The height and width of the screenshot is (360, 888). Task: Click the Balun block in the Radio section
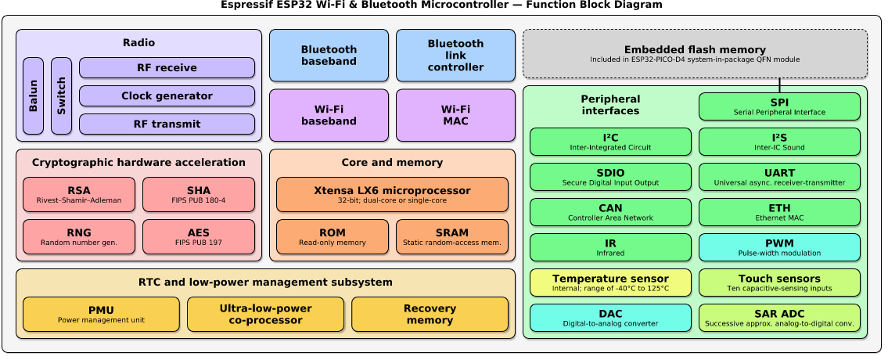click(x=33, y=96)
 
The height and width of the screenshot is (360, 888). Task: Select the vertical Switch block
click(x=61, y=96)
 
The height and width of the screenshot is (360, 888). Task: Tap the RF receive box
click(x=167, y=68)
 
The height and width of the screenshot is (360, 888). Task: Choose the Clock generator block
click(x=167, y=96)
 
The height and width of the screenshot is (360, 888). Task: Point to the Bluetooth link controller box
click(x=455, y=56)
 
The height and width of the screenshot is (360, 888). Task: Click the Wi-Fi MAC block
click(x=455, y=115)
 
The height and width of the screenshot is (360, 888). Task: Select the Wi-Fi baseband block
click(x=329, y=115)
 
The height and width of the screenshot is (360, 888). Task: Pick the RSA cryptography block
click(x=79, y=195)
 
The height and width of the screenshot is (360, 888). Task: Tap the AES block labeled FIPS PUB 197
click(x=198, y=237)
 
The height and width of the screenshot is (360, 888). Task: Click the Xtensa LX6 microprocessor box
click(x=392, y=195)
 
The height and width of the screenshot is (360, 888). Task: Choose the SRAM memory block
click(x=451, y=237)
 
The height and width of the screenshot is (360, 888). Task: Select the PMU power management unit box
click(x=101, y=314)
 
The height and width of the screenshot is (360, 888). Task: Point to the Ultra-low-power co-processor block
click(x=265, y=314)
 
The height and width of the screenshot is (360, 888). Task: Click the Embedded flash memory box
click(x=695, y=54)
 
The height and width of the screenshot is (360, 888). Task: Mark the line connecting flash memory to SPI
click(x=779, y=85)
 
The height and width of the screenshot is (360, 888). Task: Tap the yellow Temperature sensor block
click(x=610, y=283)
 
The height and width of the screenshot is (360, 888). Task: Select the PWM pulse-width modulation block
click(x=779, y=247)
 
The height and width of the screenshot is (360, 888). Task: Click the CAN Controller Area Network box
click(x=610, y=212)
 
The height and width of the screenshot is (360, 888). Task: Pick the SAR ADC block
click(x=779, y=318)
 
